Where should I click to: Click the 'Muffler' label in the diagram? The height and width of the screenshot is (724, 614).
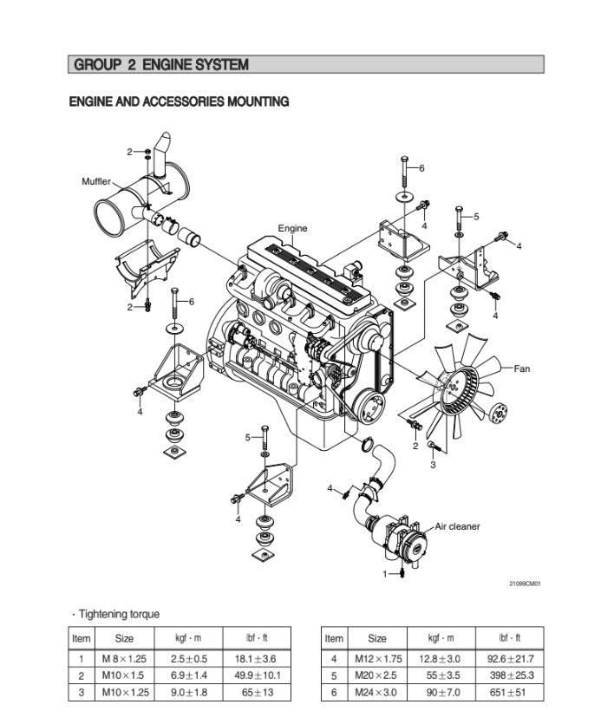96,181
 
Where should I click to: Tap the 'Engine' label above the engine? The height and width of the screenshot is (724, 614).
292,229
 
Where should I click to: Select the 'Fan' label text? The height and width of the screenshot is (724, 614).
521,369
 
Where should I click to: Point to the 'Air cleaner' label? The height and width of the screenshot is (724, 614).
457,526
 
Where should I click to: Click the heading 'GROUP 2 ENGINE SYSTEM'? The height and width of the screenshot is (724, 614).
161,65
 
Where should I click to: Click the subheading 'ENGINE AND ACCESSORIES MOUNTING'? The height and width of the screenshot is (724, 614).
179,102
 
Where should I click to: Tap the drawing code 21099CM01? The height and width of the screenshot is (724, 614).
525,584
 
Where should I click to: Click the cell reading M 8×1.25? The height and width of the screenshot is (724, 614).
124,659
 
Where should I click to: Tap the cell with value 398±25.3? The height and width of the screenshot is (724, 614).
512,675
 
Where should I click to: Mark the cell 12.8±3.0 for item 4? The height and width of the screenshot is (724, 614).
444,659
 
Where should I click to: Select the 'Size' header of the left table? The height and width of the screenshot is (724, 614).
124,639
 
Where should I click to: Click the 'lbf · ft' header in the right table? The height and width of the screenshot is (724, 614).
512,639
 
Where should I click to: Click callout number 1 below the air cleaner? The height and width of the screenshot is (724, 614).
386,573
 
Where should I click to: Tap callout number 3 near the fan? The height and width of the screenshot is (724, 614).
433,465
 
